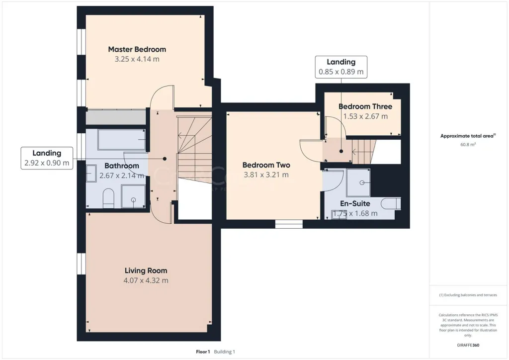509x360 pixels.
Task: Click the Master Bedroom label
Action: point(137,49)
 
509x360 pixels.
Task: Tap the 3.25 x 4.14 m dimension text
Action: point(137,59)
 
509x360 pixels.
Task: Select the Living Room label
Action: point(146,270)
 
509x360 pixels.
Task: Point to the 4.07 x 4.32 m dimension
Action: point(146,280)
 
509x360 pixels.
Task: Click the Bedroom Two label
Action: point(266,165)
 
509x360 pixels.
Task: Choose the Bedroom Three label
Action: point(365,106)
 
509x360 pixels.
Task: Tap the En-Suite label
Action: point(355,203)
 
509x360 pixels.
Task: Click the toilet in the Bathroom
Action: point(108,198)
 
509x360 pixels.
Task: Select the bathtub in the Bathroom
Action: point(121,140)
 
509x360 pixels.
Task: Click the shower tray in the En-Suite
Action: point(358,182)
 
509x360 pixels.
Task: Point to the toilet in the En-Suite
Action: point(391,203)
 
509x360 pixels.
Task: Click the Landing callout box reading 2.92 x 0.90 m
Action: point(47,158)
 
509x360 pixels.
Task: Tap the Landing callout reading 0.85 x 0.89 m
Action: point(341,67)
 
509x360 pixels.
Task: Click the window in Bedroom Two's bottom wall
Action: point(289,224)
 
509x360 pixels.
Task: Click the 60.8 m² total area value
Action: point(468,145)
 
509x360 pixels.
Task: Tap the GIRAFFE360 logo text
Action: point(468,345)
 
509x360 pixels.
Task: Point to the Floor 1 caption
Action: point(203,352)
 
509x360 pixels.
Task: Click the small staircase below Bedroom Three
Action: point(364,152)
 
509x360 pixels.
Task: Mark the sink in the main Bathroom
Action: point(91,174)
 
